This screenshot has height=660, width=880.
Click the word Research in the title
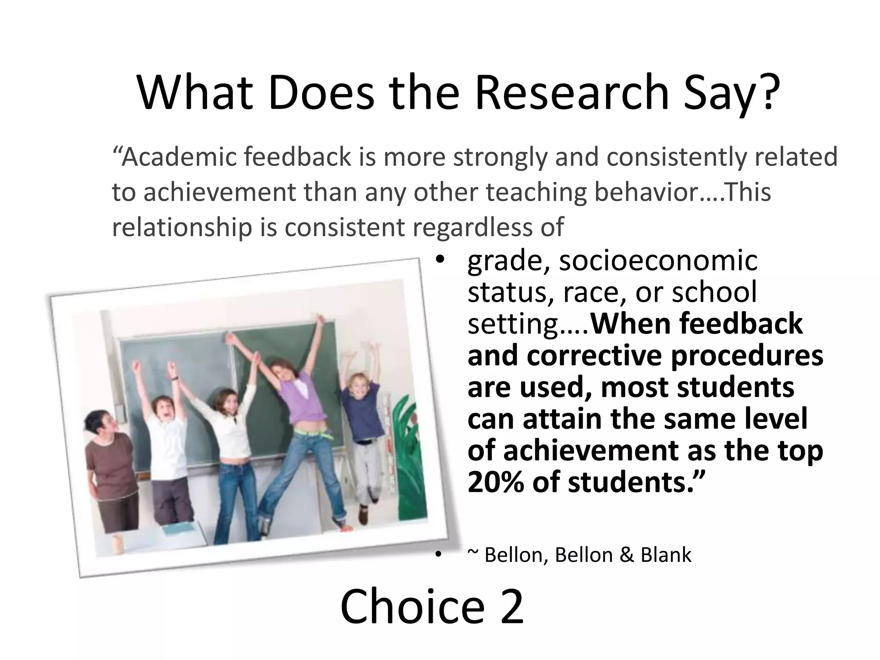[x=572, y=93]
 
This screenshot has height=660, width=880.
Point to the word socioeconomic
[x=658, y=260]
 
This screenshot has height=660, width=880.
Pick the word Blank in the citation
[x=666, y=555]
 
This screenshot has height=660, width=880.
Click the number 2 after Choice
[x=512, y=607]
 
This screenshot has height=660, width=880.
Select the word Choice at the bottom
[x=413, y=607]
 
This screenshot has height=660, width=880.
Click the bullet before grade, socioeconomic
[x=439, y=260]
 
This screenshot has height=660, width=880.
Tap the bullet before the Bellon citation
[x=438, y=555]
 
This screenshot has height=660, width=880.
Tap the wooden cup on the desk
[x=116, y=544]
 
